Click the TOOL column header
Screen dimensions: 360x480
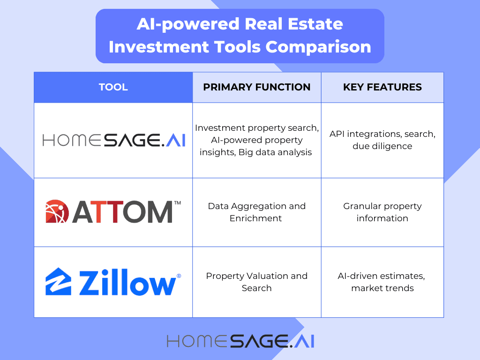pos(113,87)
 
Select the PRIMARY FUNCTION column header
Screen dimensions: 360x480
pos(256,87)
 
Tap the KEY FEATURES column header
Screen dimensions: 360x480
pos(382,87)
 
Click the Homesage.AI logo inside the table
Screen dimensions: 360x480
pos(113,140)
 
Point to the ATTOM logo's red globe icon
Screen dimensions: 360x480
pos(57,212)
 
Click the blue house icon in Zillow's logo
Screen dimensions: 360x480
pos(58,282)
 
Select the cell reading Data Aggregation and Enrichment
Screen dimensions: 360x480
pos(256,212)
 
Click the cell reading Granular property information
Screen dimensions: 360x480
pos(382,212)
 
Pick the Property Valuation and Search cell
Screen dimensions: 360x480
pos(256,282)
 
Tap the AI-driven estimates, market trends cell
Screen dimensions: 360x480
pos(382,282)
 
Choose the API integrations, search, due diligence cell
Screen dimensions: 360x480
pos(382,140)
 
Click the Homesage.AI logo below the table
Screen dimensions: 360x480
pos(240,341)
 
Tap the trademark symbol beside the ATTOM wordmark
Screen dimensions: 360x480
pos(177,203)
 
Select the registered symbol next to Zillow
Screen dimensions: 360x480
pos(179,277)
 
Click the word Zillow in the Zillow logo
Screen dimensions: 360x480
pos(128,283)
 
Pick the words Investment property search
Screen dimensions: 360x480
pos(256,128)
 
